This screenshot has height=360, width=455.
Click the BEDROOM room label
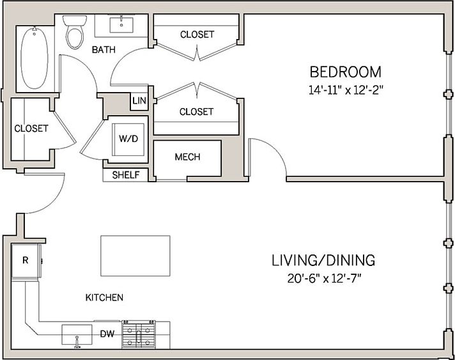point(345,72)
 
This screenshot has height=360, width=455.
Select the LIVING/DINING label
point(323,260)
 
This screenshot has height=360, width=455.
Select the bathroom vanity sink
point(121,25)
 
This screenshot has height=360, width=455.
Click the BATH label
point(104,50)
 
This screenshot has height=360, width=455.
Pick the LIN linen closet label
point(139,100)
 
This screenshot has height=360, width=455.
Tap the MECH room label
point(187,157)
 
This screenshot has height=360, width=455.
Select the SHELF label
point(126,175)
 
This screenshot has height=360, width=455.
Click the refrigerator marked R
point(26,260)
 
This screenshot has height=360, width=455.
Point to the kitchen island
point(135,256)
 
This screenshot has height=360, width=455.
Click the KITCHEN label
point(104,298)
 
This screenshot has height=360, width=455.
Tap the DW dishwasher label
point(107,334)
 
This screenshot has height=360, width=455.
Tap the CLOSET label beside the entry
point(31,129)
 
